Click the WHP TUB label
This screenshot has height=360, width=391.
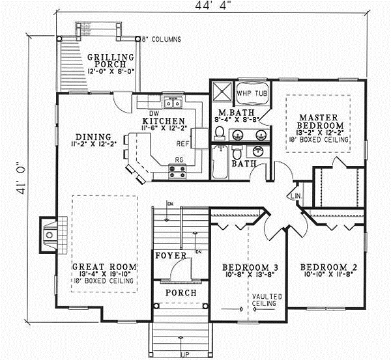[x=252, y=93]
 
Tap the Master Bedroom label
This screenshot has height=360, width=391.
[x=318, y=120]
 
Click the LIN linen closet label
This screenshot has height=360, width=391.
[x=295, y=195]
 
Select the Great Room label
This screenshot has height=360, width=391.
[x=104, y=267]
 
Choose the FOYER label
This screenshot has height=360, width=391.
[x=171, y=256]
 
